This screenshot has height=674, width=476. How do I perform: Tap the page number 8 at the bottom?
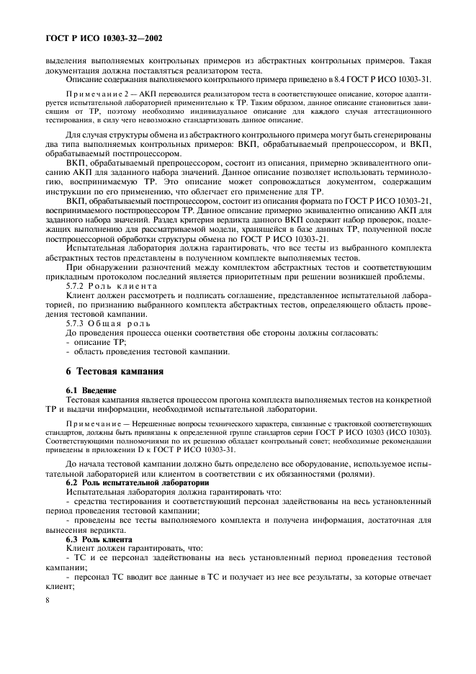(47, 639)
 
